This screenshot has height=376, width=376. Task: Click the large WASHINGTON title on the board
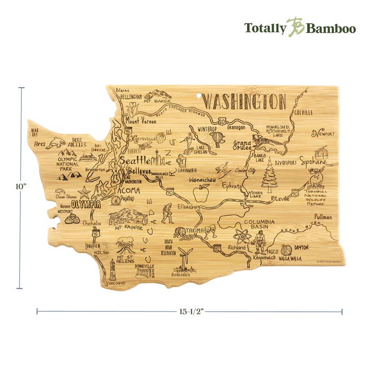pos(244,101)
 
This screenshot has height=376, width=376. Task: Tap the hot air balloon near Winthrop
pos(217,139)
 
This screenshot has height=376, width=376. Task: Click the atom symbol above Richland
pos(241,233)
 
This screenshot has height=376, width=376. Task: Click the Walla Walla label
pos(292,257)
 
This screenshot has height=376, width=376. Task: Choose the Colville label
pos(303,112)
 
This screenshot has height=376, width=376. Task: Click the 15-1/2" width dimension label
pos(189,312)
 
